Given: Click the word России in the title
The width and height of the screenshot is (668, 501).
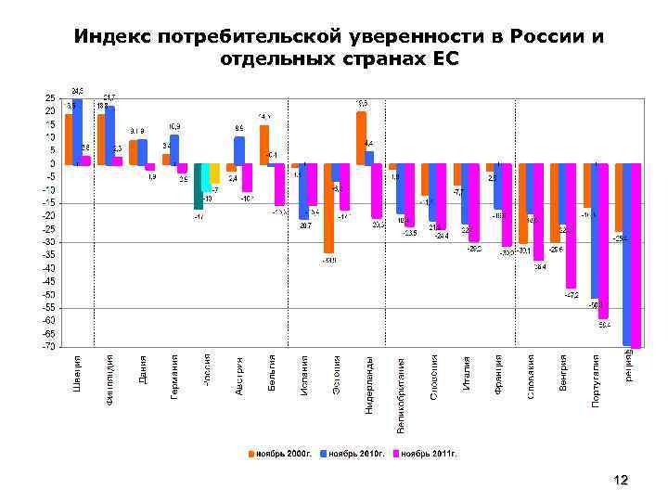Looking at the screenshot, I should tap(547, 36).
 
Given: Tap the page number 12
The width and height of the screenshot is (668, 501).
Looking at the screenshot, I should tap(621, 480).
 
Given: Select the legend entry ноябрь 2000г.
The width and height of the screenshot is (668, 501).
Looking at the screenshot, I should tap(282, 454).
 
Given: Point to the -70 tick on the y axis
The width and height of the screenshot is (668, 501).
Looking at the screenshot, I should tap(46, 346).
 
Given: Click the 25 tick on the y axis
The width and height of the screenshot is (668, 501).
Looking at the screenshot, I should tap(49, 98).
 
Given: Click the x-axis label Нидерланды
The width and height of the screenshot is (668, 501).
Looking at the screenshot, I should tap(368, 384).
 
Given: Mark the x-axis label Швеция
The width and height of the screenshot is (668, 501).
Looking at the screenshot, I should tap(78, 372).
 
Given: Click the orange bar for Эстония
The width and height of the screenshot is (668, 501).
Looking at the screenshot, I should tap(328, 208).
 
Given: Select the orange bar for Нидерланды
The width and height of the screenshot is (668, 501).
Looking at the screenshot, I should tap(361, 137).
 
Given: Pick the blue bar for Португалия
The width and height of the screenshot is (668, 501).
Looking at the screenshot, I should tap(594, 231).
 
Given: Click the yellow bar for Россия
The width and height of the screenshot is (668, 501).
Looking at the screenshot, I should tap(214, 173).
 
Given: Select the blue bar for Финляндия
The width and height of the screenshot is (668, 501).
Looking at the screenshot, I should tap(109, 135).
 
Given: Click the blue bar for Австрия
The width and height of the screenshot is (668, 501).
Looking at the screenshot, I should tap(239, 149).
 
